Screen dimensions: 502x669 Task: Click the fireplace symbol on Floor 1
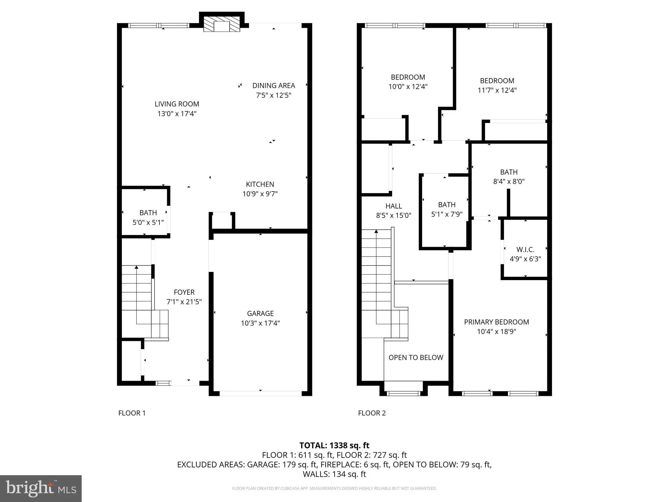[222, 25]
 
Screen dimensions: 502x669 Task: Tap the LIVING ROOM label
[177, 104]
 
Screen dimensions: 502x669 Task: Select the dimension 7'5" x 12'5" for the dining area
[273, 95]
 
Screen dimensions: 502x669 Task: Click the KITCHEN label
[260, 184]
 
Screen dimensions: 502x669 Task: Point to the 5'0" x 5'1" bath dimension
[148, 223]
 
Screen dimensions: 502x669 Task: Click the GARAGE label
[260, 313]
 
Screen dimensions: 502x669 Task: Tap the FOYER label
[184, 292]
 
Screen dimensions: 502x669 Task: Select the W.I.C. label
[525, 250]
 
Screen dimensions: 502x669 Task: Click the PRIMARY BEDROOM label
[496, 322]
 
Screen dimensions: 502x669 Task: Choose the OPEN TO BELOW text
[416, 358]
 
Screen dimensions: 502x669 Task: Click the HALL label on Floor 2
[394, 206]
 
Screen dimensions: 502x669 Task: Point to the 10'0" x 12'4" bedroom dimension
[408, 87]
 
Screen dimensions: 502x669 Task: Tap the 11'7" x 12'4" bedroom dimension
[497, 90]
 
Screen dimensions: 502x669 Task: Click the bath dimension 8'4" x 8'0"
[509, 181]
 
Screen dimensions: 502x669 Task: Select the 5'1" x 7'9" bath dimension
[447, 214]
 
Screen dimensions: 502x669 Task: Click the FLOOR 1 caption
[132, 413]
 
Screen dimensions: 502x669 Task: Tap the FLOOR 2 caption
[372, 413]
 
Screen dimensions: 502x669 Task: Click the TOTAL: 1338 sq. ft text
[334, 445]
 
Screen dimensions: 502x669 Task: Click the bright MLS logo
[41, 488]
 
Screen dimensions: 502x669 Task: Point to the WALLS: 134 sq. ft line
[334, 474]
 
